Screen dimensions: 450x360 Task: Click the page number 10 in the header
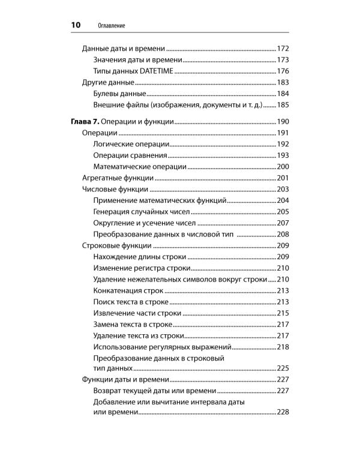(x=75, y=25)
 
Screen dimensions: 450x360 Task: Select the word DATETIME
(x=155, y=71)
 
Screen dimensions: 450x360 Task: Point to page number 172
(x=283, y=49)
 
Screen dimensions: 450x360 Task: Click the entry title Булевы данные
(x=120, y=94)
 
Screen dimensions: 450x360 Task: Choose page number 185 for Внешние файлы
(x=283, y=106)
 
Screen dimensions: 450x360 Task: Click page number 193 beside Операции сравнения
(x=283, y=155)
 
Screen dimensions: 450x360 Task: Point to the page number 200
(x=283, y=167)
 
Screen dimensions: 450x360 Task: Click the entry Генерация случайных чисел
(x=142, y=212)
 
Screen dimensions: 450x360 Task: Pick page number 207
(x=283, y=223)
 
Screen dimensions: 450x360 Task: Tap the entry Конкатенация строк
(x=129, y=291)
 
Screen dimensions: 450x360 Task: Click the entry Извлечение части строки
(x=137, y=313)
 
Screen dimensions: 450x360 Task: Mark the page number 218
(x=283, y=347)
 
